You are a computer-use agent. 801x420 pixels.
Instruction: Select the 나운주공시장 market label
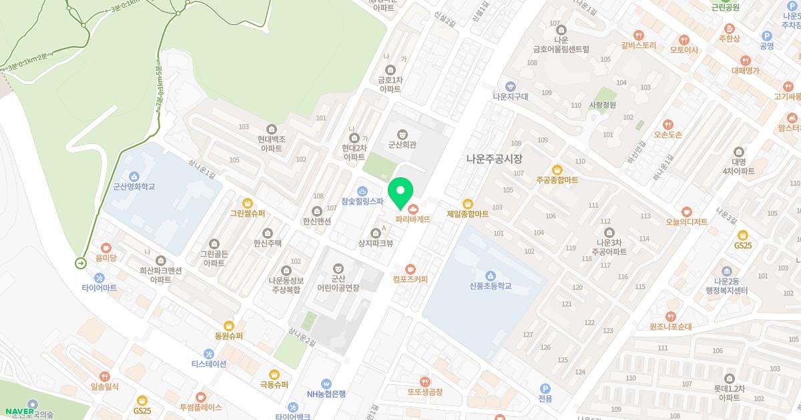point(494,159)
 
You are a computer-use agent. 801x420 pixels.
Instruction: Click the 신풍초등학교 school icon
point(491,276)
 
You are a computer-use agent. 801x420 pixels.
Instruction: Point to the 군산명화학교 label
point(134,187)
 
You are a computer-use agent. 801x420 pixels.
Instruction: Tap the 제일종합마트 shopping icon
point(467,204)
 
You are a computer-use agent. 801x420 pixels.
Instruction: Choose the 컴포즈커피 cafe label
point(410,279)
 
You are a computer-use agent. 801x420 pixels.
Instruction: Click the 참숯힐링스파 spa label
point(362,201)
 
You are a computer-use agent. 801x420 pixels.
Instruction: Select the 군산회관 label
point(402,143)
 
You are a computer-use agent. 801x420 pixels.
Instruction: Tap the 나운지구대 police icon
point(510,86)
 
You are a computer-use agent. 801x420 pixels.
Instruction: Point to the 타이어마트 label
point(99,288)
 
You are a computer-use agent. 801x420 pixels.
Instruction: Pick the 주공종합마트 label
point(557,180)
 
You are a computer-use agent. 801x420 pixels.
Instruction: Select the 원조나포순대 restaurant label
point(670,327)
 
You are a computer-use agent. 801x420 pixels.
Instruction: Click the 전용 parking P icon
point(545,388)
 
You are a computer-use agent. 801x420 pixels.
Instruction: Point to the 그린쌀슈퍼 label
point(247,214)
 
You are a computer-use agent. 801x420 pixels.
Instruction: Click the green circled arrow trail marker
point(81,264)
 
